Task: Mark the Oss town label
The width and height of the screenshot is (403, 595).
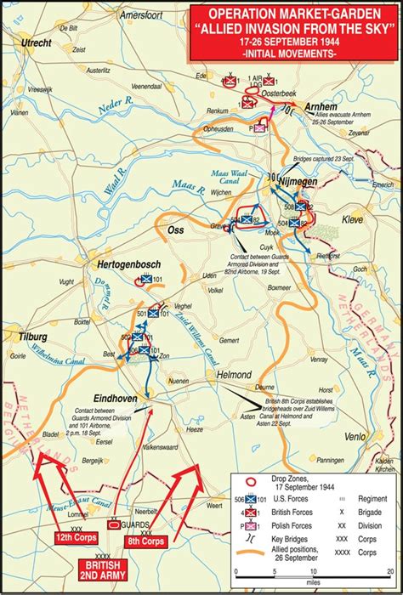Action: click(175, 230)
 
